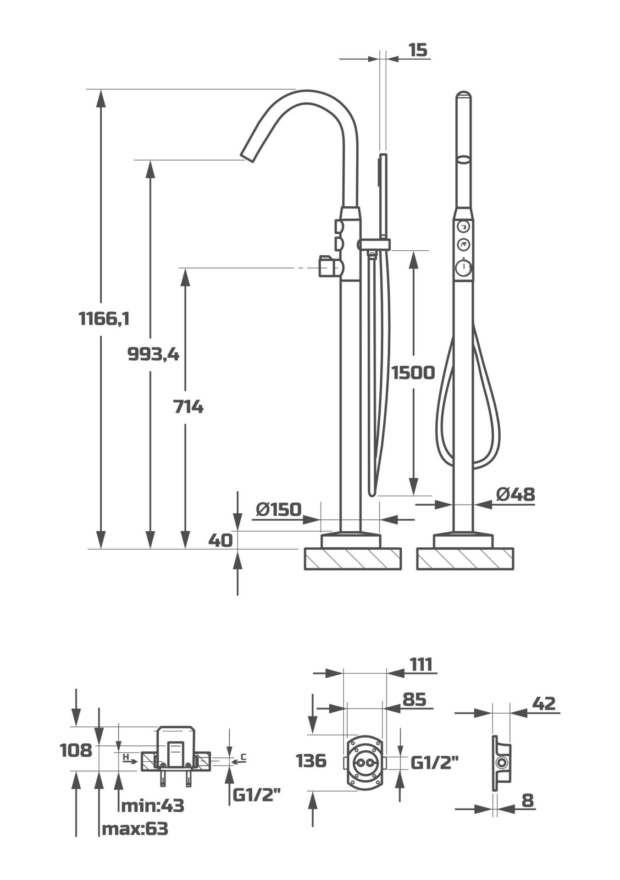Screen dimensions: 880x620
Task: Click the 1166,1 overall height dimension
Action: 104,318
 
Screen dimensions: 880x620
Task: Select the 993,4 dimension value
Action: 153,354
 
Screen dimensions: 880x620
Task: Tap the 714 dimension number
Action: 188,407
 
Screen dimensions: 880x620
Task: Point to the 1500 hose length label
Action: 413,373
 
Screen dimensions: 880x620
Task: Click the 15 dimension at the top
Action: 417,50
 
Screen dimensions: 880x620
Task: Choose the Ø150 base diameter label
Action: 279,509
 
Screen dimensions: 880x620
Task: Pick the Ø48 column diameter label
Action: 515,494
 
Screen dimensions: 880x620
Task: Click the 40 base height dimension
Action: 220,540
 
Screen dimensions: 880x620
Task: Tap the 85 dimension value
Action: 414,699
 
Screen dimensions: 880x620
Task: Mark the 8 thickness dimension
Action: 528,801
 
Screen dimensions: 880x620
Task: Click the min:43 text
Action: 152,805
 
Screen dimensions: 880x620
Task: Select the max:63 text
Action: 135,828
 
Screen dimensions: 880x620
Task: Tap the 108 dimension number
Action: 76,751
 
